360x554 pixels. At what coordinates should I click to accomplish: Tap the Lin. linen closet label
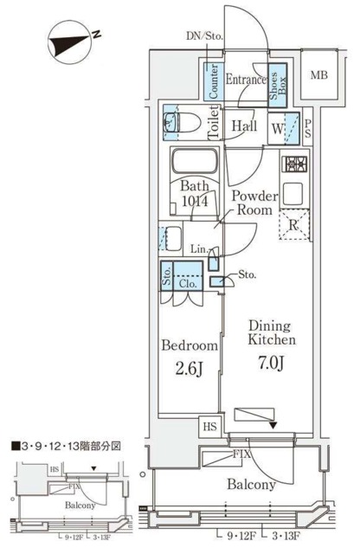point(197,250)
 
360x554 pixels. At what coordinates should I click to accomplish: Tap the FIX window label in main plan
point(242,452)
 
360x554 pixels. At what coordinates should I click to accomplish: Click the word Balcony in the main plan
point(253,485)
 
